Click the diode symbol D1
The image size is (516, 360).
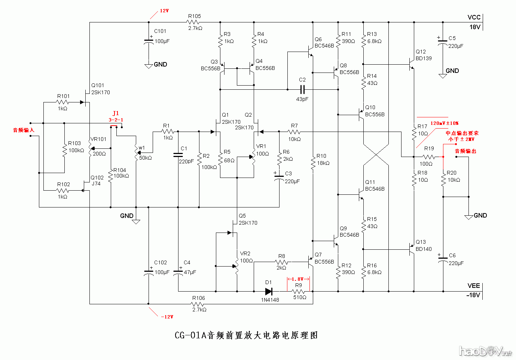pos(269,291)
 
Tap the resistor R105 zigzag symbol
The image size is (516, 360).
pos(194,22)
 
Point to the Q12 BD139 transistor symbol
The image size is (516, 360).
pos(411,64)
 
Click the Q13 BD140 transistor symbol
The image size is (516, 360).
pos(411,249)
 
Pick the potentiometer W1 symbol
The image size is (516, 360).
pos(137,153)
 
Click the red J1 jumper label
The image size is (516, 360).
pos(116,114)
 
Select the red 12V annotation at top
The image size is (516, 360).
pos(164,11)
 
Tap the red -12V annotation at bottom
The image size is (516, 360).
pos(167,317)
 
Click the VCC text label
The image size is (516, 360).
pos(473,17)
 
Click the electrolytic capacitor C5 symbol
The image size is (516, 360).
pos(443,43)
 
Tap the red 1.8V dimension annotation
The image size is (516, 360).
pos(298,279)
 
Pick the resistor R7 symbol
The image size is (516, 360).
pos(294,132)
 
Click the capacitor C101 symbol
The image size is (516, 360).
pos(149,41)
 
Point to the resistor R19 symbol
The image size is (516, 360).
pos(429,157)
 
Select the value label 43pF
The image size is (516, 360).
pos(302,99)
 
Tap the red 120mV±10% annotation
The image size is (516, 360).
pos(444,123)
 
